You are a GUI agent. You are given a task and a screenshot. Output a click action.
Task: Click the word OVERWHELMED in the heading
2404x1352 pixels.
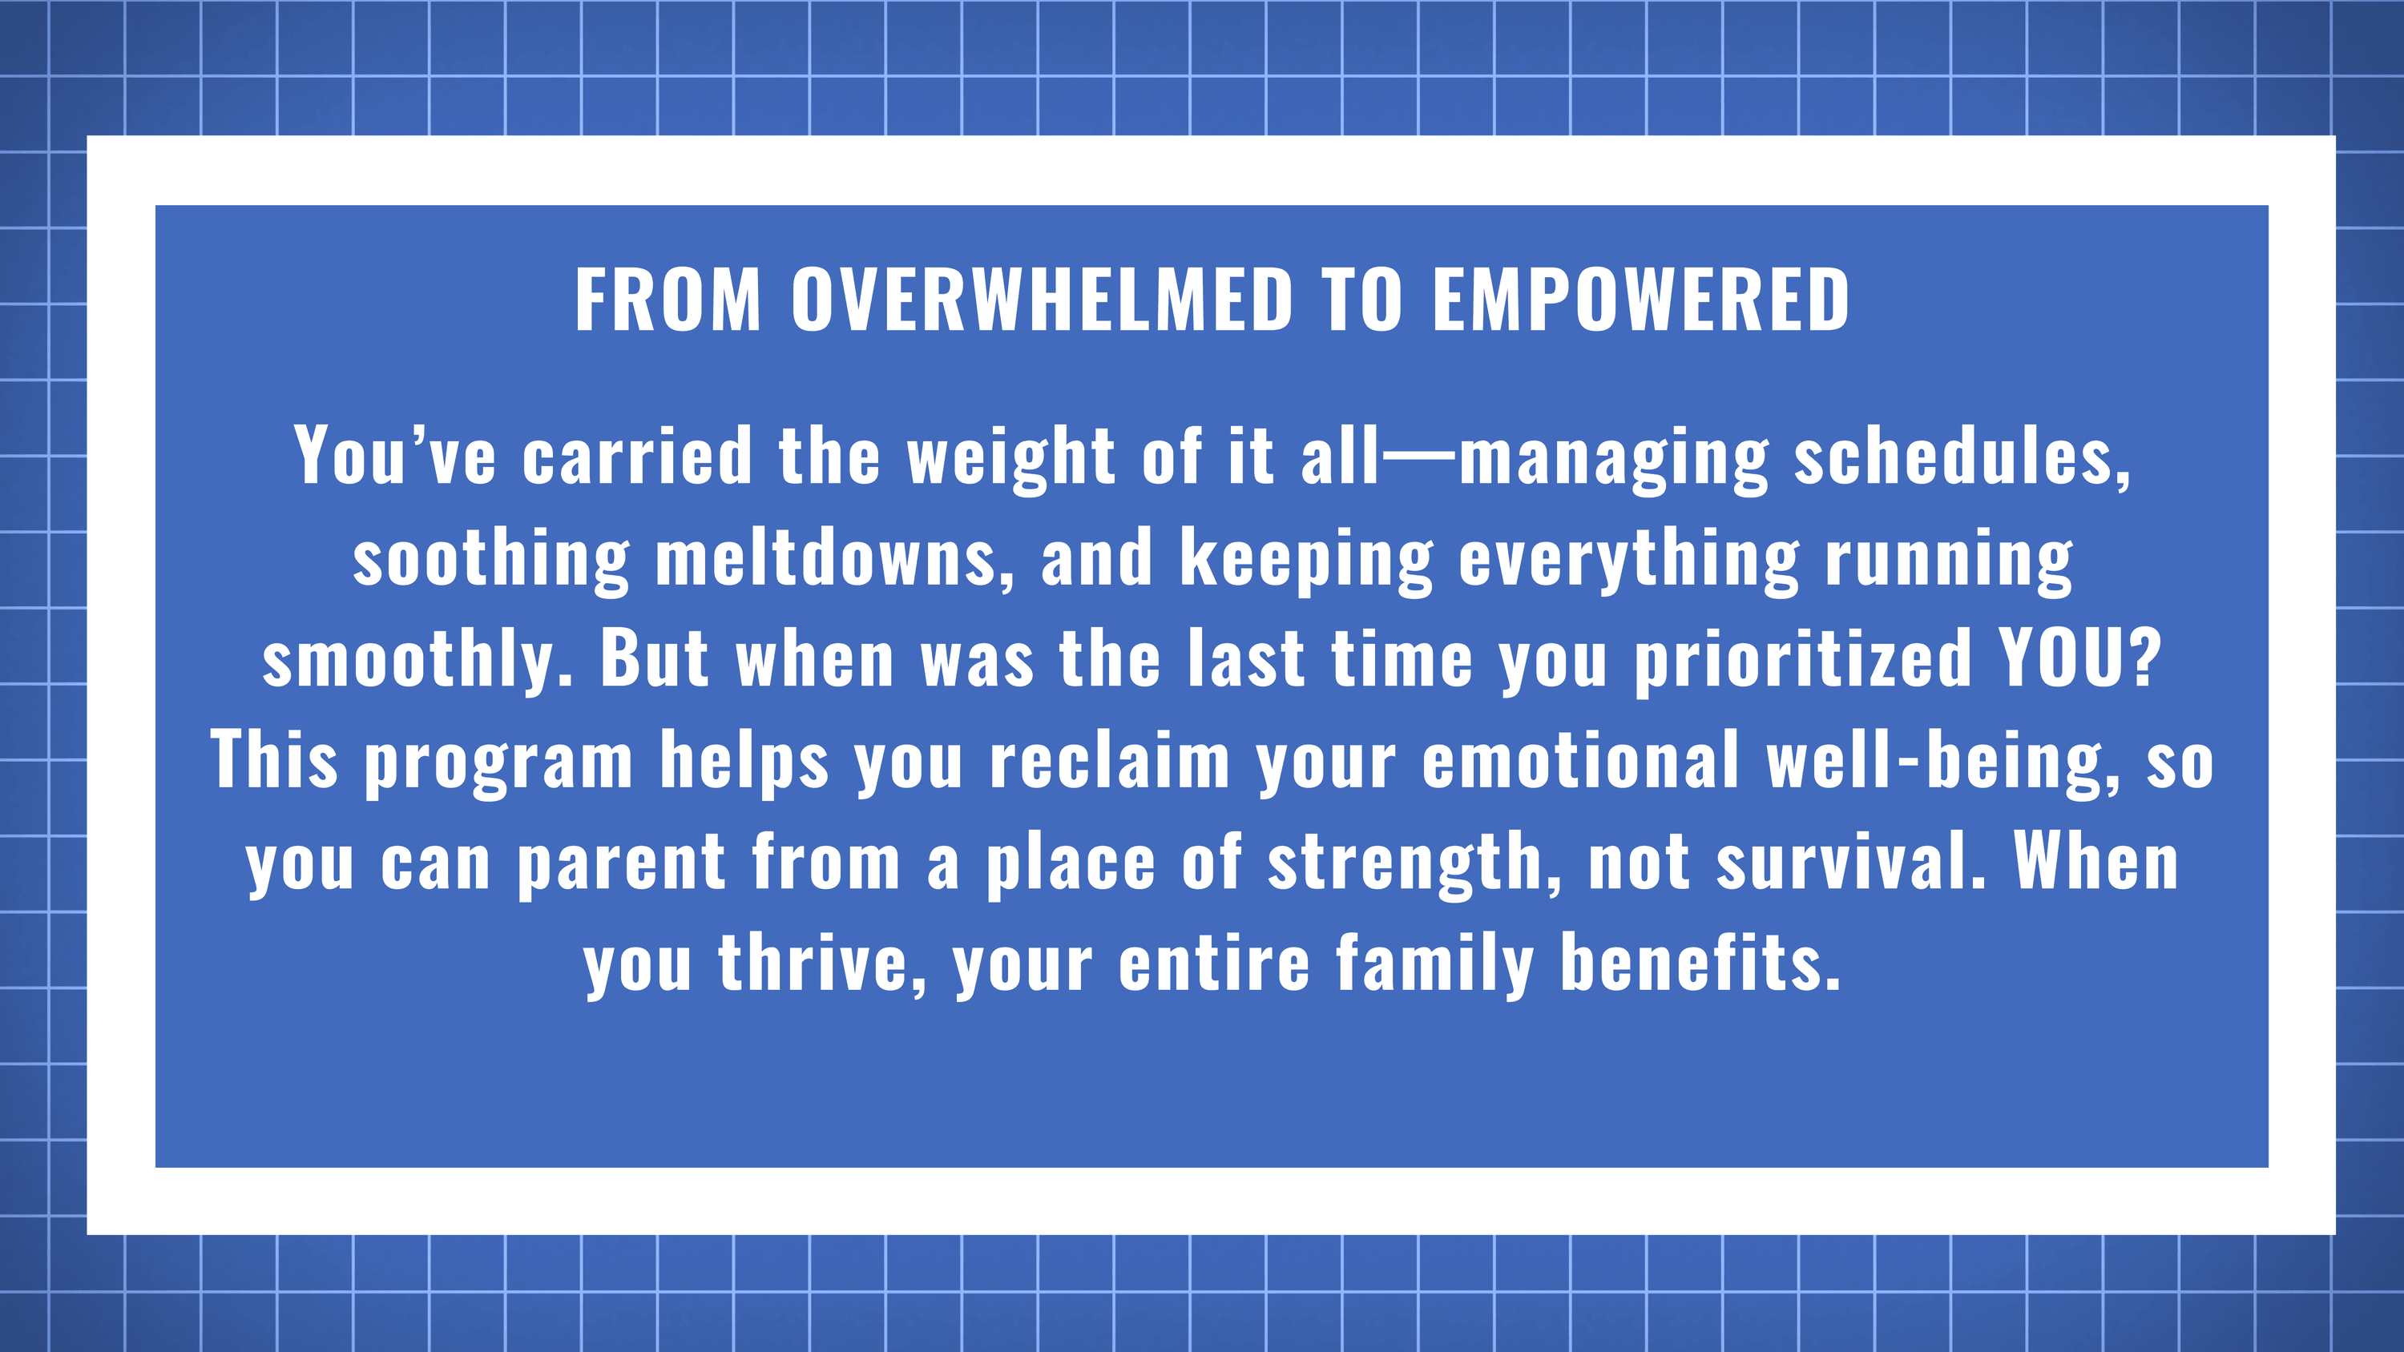point(1043,300)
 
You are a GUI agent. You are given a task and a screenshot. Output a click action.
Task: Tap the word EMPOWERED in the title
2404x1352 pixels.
point(1640,300)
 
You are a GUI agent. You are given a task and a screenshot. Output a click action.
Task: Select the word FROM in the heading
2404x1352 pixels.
point(668,300)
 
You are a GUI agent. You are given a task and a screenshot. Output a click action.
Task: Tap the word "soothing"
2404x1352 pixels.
point(492,561)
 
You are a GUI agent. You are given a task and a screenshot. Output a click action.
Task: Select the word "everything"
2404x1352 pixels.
point(1628,561)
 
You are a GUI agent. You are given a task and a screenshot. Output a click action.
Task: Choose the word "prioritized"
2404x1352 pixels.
point(1803,662)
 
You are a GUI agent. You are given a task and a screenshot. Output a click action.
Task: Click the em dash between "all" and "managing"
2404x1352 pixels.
point(1419,458)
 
